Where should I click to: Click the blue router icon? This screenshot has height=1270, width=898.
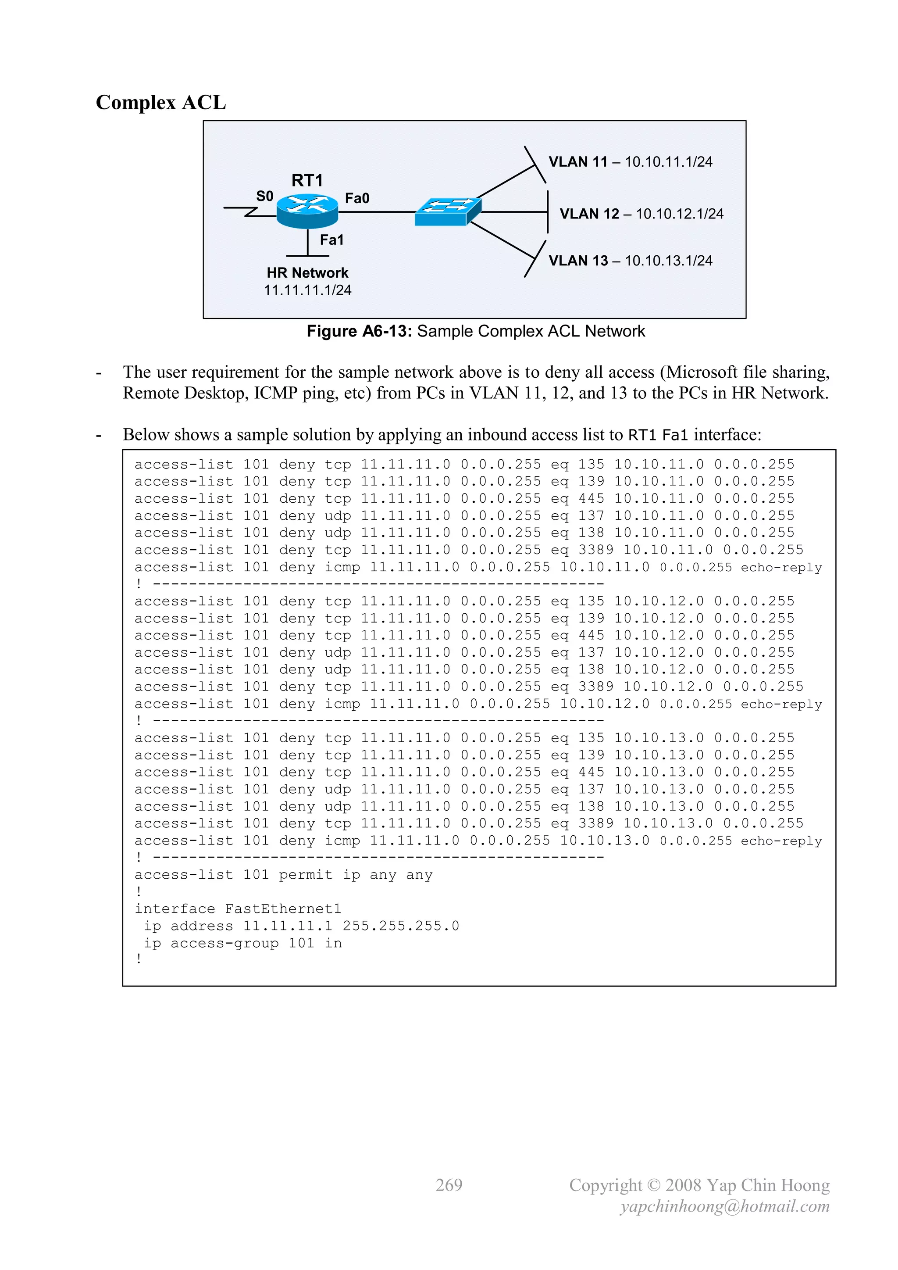click(x=307, y=211)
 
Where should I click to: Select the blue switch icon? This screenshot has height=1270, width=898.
click(x=448, y=212)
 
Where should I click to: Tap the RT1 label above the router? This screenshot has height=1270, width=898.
click(x=307, y=180)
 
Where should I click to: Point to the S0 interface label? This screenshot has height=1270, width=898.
click(x=264, y=197)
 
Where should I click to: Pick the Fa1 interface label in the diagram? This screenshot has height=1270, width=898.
click(x=332, y=240)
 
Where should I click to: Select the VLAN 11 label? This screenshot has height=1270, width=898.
click(x=577, y=162)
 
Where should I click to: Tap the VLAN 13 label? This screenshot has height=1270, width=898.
click(x=577, y=261)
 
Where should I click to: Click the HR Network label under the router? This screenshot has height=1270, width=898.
click(x=307, y=273)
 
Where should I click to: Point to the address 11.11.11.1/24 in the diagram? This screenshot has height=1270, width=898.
click(x=307, y=290)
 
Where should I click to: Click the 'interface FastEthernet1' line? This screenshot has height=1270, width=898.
click(x=238, y=909)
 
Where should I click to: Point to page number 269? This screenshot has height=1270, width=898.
click(x=449, y=1185)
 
